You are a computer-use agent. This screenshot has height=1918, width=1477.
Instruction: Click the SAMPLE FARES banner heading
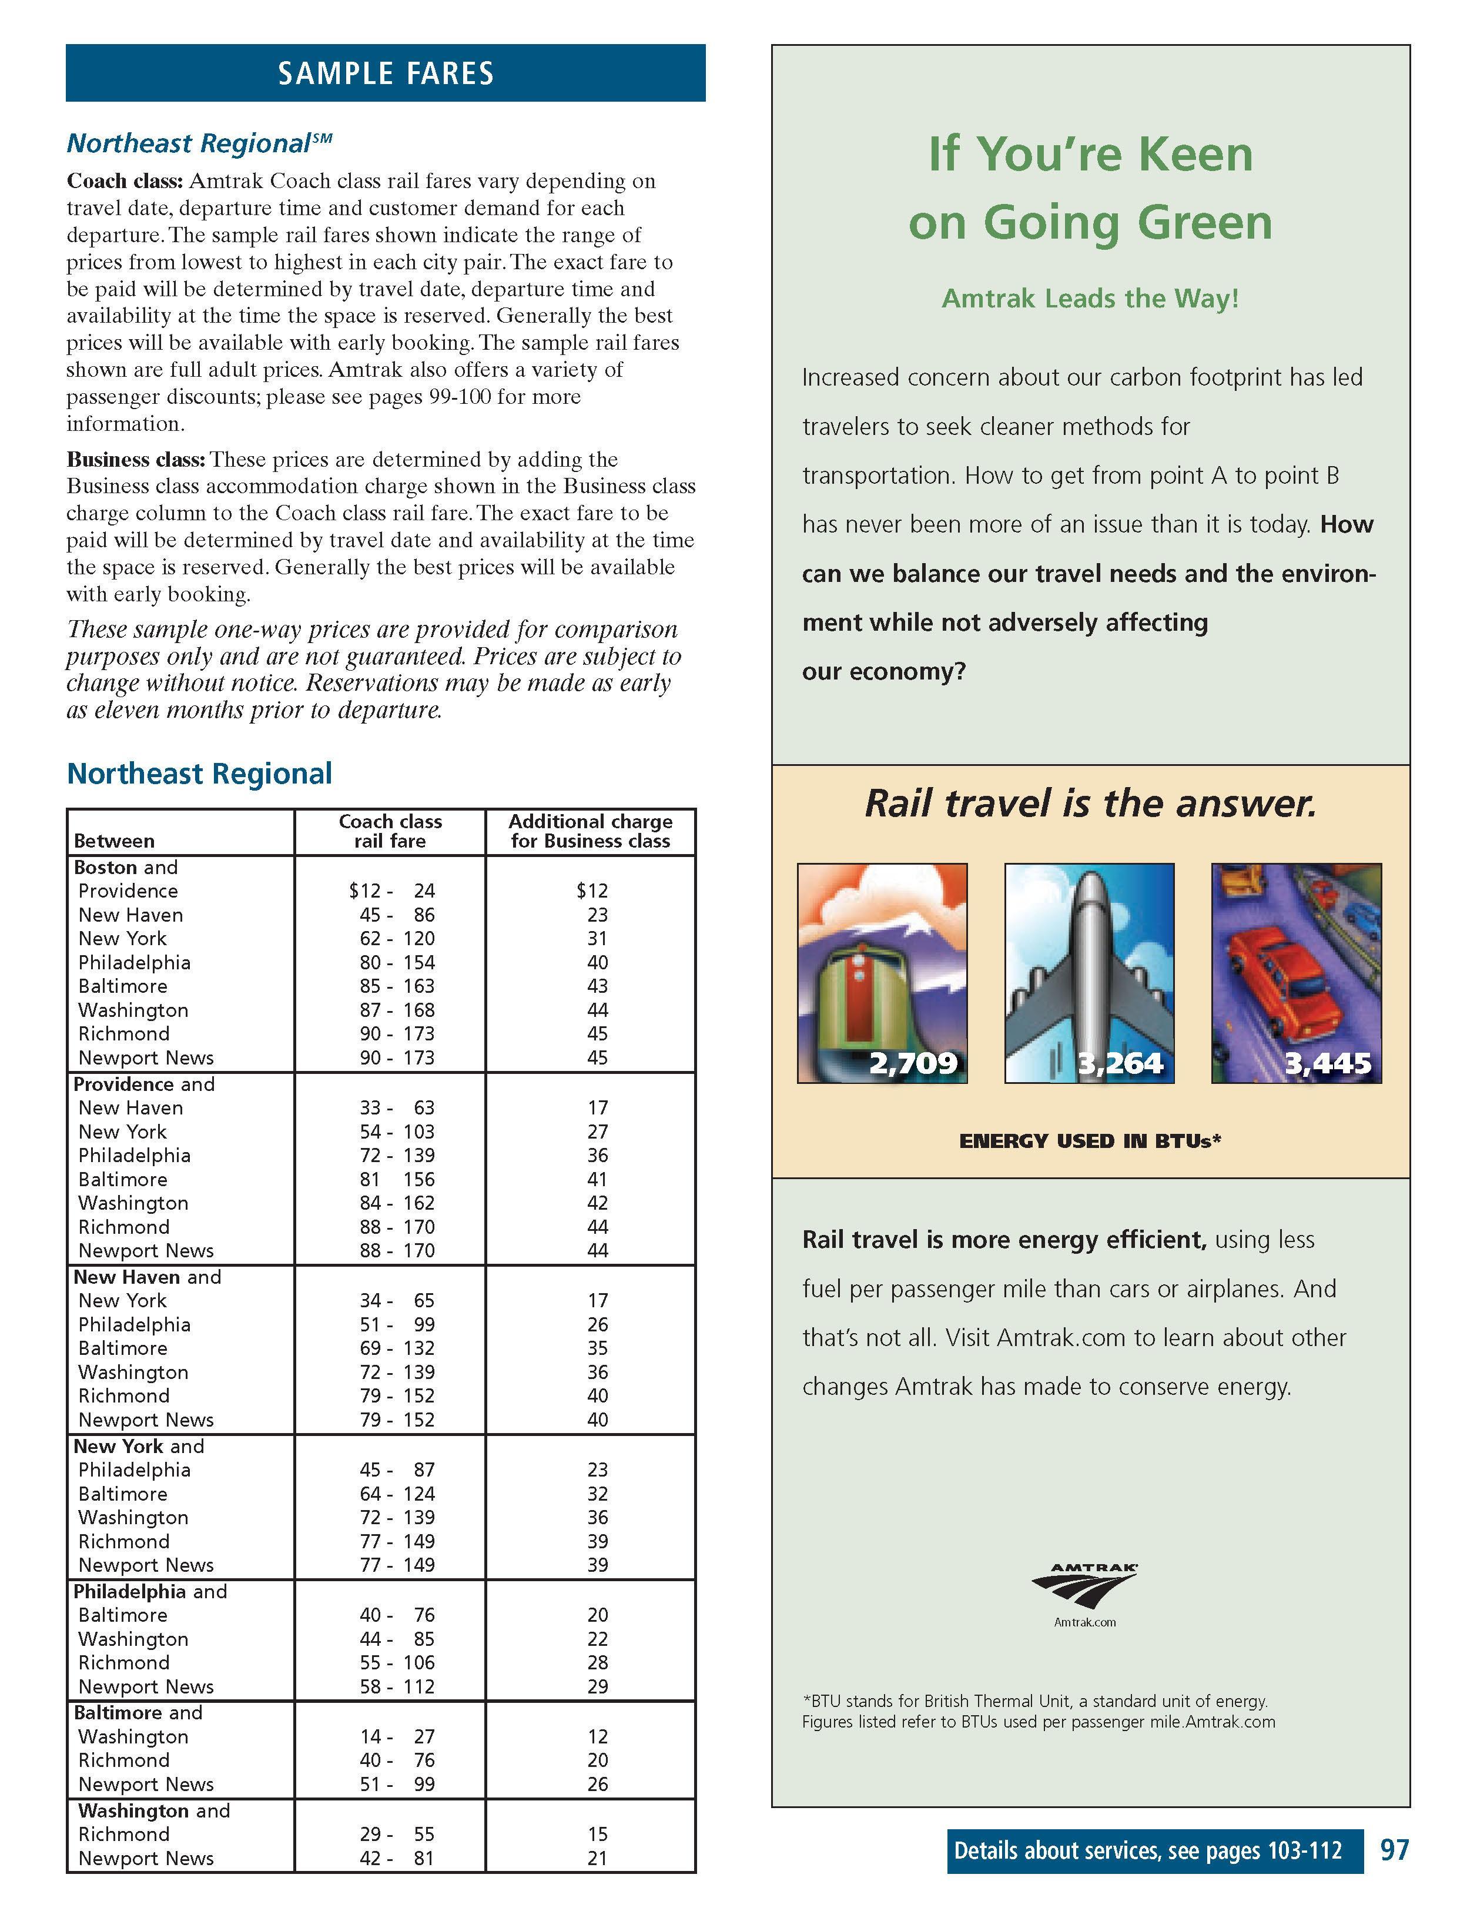[386, 73]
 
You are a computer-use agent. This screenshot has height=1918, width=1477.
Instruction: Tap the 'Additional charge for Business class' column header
[590, 831]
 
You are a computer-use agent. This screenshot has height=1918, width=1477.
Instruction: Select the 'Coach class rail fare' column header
[390, 831]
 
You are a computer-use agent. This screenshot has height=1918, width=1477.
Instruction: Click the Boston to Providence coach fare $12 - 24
[391, 891]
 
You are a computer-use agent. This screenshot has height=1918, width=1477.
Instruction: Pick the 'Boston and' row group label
[126, 867]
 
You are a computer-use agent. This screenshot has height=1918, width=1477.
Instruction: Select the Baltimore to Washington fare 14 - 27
[396, 1736]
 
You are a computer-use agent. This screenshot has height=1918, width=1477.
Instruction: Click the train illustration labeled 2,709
[882, 972]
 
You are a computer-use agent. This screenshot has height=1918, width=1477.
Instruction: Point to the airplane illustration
[1089, 972]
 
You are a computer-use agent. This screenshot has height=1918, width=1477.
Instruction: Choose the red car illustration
[1296, 972]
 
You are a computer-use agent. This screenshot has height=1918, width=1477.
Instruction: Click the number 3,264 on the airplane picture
[1120, 1063]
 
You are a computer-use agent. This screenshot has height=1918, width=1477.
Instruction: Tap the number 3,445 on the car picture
[1328, 1063]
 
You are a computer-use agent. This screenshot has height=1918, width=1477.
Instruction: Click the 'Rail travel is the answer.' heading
[1091, 803]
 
